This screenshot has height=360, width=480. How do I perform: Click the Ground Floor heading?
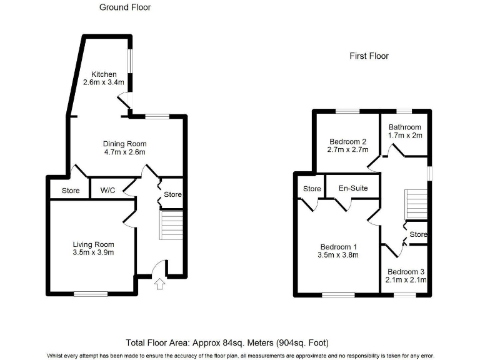tap(125, 7)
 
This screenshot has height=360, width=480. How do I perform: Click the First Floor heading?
tap(369, 56)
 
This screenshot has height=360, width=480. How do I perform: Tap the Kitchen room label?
tap(104, 75)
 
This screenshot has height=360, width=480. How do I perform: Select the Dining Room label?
tap(124, 143)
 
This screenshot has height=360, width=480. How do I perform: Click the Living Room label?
tap(93, 244)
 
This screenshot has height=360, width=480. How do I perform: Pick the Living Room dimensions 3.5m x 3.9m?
tap(93, 252)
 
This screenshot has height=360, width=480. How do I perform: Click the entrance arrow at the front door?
tap(159, 284)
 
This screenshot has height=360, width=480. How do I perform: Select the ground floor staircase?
tap(171, 225)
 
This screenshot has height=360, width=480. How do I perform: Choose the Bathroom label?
tap(405, 127)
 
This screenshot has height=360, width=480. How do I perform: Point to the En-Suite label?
tap(353, 188)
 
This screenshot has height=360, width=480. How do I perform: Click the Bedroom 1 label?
tap(339, 246)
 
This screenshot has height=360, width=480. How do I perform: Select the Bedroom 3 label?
tap(406, 272)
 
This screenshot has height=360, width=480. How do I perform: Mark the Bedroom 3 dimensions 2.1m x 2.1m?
tap(406, 280)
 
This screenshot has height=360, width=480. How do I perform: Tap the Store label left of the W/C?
tap(71, 191)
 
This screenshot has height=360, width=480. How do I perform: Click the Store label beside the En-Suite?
tap(312, 189)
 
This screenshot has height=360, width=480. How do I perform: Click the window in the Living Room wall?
tap(91, 293)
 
